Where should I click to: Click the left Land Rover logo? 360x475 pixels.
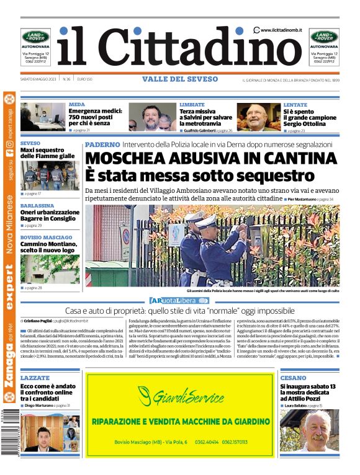click(x=35, y=37)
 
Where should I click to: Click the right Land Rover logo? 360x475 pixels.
click(x=324, y=37)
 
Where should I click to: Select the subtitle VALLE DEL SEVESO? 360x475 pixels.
click(x=180, y=79)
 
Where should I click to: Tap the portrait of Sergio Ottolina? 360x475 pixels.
click(x=258, y=117)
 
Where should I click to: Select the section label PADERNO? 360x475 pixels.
click(x=102, y=144)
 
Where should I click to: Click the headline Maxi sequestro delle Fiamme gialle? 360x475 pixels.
click(x=47, y=153)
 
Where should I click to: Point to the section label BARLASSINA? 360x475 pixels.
click(x=37, y=205)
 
